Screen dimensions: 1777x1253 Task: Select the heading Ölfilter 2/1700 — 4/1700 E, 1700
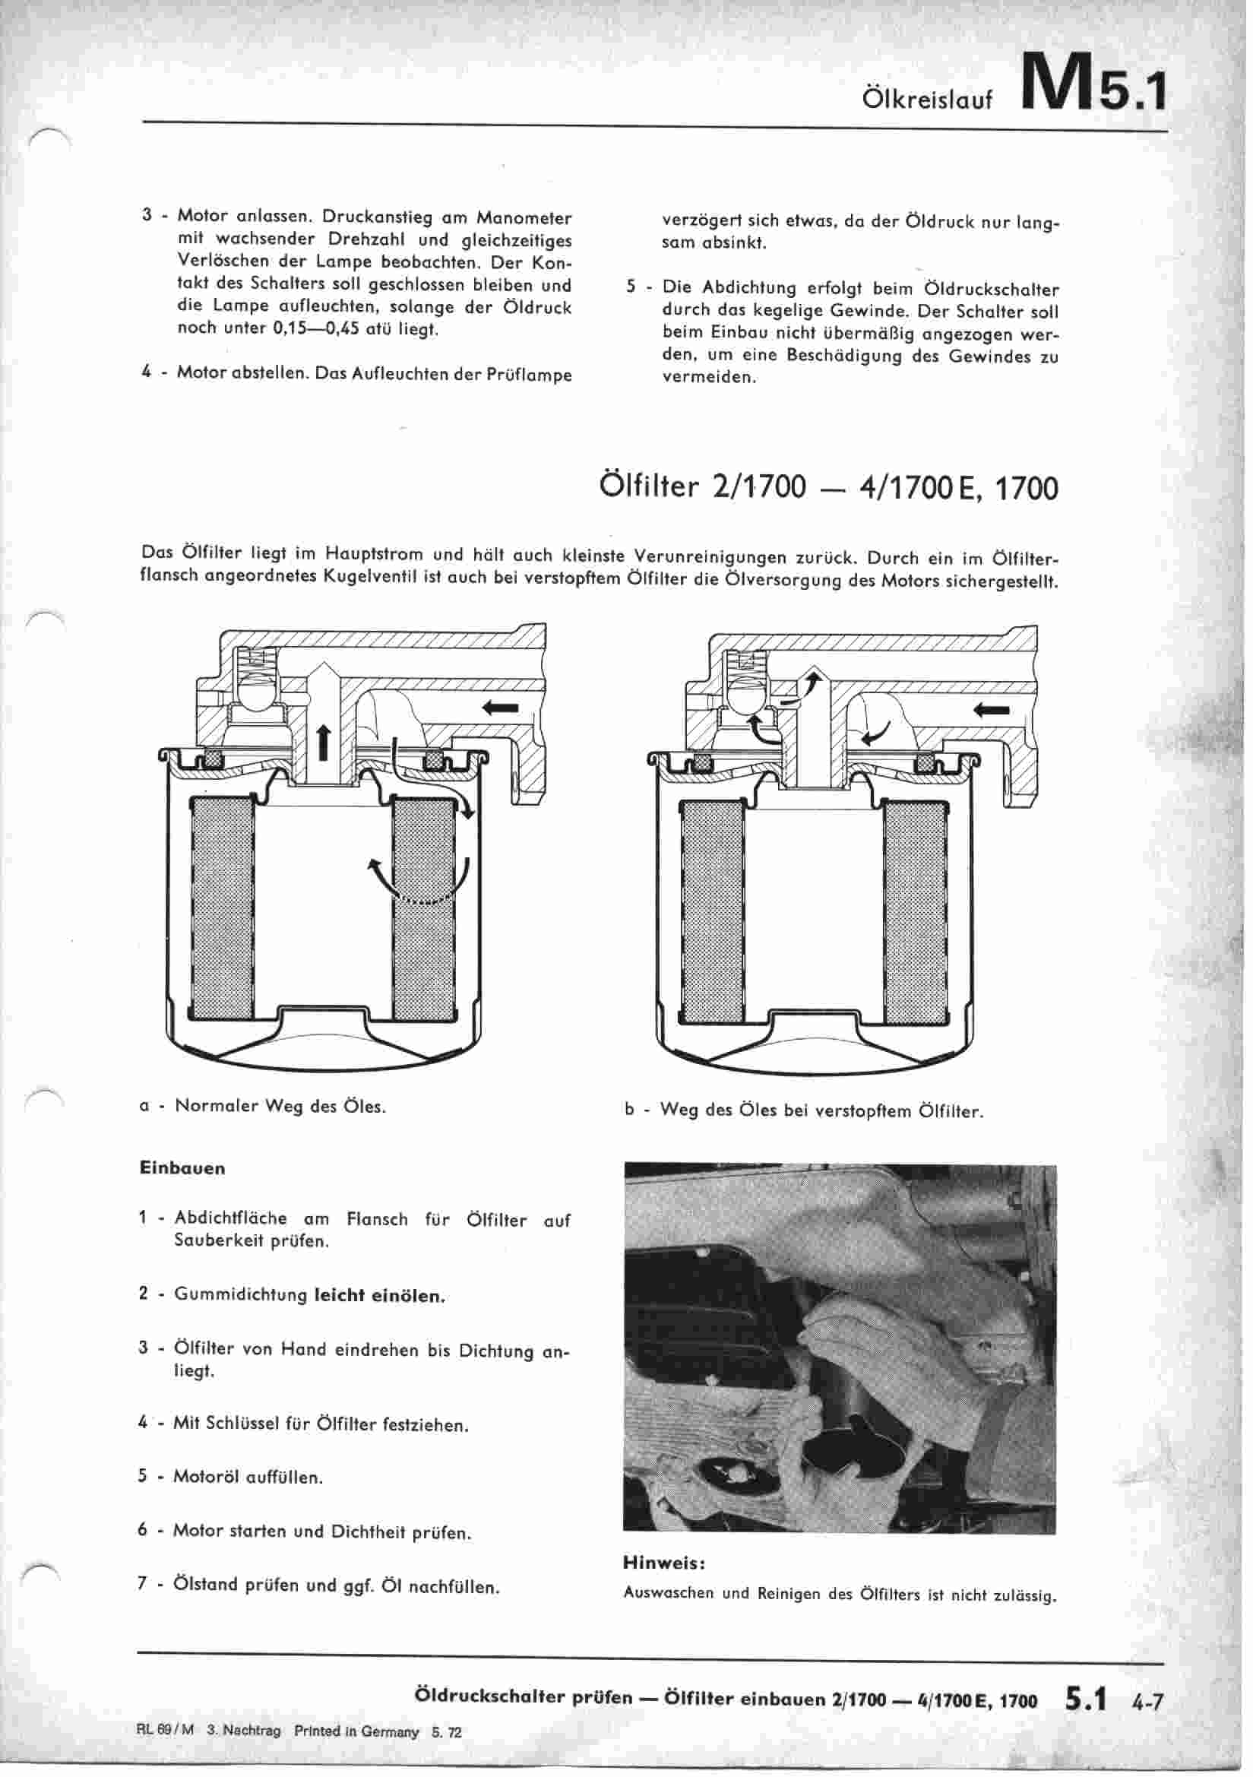[x=828, y=488]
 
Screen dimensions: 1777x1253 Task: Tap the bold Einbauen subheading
[x=182, y=1168]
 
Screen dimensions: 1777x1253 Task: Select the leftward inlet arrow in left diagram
[x=500, y=706]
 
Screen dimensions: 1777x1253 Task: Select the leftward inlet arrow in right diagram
[x=992, y=709]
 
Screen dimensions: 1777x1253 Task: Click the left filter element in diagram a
[x=221, y=906]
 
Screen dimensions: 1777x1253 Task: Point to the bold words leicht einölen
[x=380, y=1296]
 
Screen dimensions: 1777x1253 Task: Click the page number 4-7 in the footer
[x=1147, y=1701]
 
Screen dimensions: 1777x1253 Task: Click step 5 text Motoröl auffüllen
[x=248, y=1478]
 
